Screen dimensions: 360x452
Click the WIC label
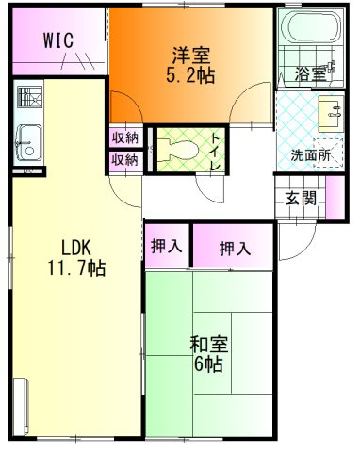click(x=58, y=40)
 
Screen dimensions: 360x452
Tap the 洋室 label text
click(x=190, y=56)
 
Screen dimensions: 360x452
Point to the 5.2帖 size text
click(x=190, y=75)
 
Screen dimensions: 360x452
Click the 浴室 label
click(x=310, y=74)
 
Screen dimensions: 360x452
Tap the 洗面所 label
click(x=310, y=155)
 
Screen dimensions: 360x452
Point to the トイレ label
click(x=215, y=152)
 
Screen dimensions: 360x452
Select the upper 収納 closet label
click(x=125, y=137)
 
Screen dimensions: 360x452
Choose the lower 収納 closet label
click(x=125, y=160)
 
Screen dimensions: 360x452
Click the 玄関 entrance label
click(x=300, y=198)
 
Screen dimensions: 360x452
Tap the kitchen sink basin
click(x=29, y=142)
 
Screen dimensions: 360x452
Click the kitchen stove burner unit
click(x=30, y=97)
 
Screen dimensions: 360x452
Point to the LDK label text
click(x=76, y=248)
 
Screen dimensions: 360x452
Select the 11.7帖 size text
click(x=76, y=267)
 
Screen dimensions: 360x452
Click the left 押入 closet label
click(x=166, y=246)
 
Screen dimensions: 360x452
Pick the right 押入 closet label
click(x=235, y=249)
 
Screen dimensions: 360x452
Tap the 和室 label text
click(x=209, y=345)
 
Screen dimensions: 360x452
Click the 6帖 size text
click(x=208, y=363)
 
